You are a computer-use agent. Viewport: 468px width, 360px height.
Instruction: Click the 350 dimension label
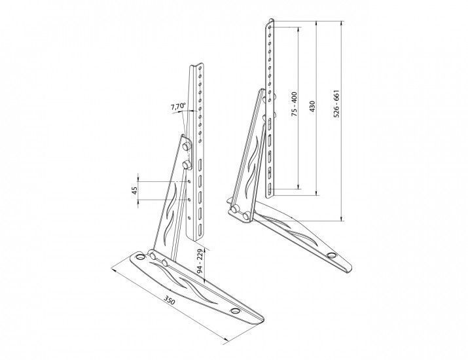coord(169,300)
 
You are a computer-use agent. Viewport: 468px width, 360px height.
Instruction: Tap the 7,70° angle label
coord(178,107)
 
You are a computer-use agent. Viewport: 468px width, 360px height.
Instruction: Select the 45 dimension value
coord(135,190)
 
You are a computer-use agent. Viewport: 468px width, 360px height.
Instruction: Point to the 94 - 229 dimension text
coord(200,262)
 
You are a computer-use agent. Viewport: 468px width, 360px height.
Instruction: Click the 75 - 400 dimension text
coord(295,104)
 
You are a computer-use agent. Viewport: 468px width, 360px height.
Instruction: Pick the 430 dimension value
coord(312,107)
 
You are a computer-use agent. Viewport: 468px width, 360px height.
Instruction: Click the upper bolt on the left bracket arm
coord(187,145)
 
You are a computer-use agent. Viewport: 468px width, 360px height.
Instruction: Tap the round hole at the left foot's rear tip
coord(140,257)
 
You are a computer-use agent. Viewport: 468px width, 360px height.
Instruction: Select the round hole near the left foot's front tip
coord(235,311)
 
